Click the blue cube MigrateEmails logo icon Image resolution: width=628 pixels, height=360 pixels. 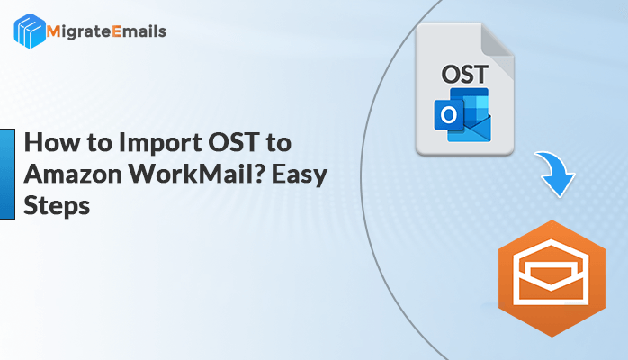[30, 31]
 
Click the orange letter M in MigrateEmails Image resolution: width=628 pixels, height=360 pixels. [54, 31]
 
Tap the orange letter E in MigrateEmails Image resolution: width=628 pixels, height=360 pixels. [117, 31]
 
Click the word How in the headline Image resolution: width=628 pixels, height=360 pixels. [52, 142]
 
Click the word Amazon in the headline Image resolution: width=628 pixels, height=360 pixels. [73, 175]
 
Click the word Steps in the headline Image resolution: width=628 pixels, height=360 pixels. [57, 207]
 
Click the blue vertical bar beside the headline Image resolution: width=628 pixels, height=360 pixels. [7, 175]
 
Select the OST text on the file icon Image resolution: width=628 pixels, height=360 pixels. [464, 75]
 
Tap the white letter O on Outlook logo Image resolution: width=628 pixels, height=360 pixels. [448, 115]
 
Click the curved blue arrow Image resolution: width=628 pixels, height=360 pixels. [556, 173]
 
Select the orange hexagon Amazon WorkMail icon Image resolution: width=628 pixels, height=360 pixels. [552, 278]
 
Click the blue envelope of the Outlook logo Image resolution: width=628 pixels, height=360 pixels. [472, 127]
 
